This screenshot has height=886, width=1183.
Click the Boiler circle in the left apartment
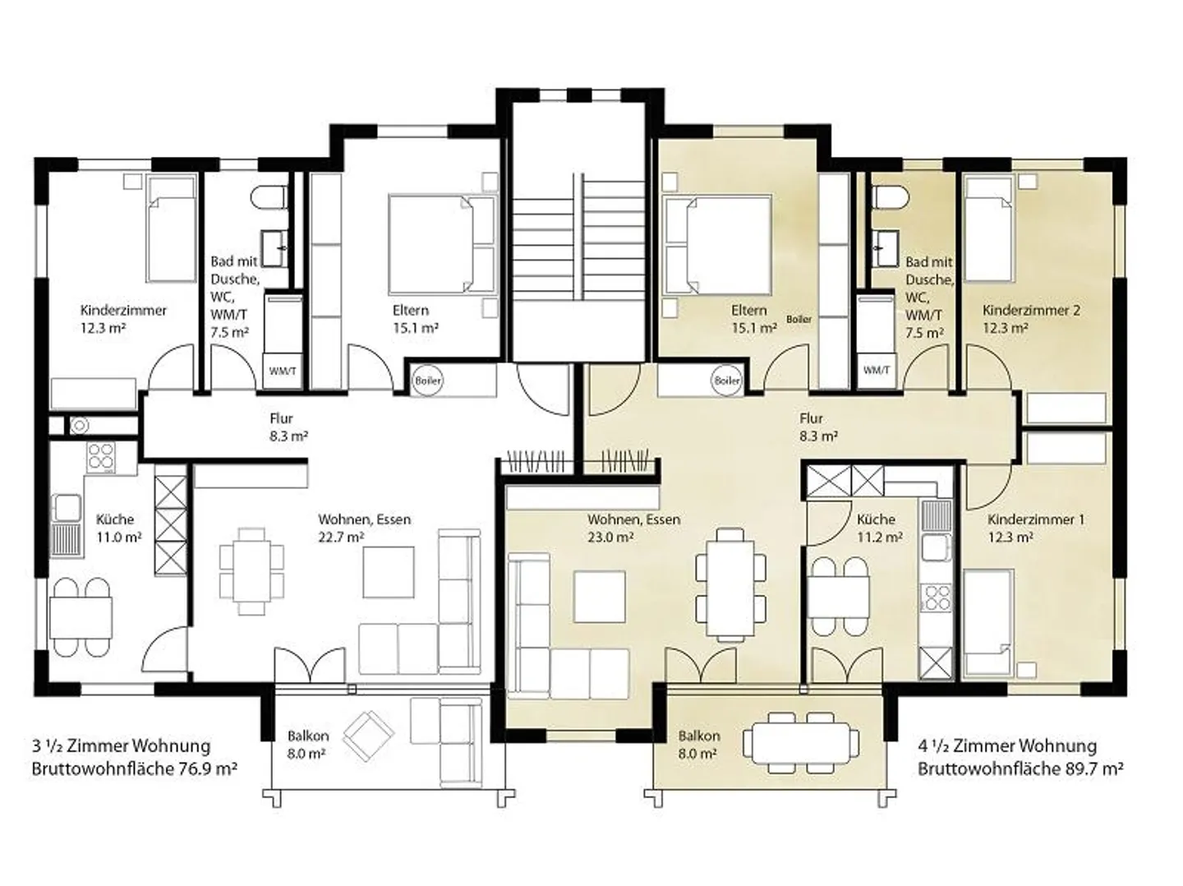tap(428, 381)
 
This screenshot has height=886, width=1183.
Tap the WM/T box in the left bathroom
tap(283, 371)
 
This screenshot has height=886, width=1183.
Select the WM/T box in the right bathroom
tap(877, 370)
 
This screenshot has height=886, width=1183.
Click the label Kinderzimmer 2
tap(1031, 311)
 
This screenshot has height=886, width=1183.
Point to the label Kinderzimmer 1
tap(1036, 519)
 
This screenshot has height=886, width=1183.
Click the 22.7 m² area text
tap(341, 538)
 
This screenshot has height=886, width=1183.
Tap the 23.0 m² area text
tap(610, 538)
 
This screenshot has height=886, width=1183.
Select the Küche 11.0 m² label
tap(118, 528)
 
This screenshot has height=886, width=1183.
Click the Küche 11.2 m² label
tap(880, 528)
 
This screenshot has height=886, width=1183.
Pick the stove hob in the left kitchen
tap(101, 458)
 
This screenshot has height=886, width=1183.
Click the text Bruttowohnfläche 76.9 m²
tap(135, 768)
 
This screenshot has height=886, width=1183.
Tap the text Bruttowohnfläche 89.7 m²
tap(1020, 768)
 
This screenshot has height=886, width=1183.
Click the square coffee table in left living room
tap(389, 572)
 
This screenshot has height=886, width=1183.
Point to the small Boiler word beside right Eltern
tap(799, 319)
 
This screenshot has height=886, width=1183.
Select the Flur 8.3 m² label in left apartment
tap(288, 427)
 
